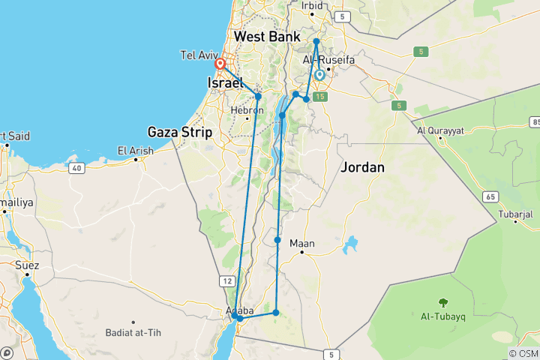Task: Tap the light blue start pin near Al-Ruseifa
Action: (320, 74)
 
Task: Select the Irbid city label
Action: (311, 6)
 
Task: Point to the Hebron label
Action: (247, 110)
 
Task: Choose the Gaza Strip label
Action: (180, 132)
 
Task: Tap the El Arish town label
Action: (136, 151)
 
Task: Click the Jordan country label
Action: (362, 167)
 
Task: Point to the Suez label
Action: (27, 265)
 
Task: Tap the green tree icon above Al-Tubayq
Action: (442, 303)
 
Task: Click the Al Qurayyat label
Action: (440, 130)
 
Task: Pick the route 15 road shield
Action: (321, 96)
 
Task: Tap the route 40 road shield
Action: (76, 168)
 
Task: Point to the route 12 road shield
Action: (225, 280)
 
